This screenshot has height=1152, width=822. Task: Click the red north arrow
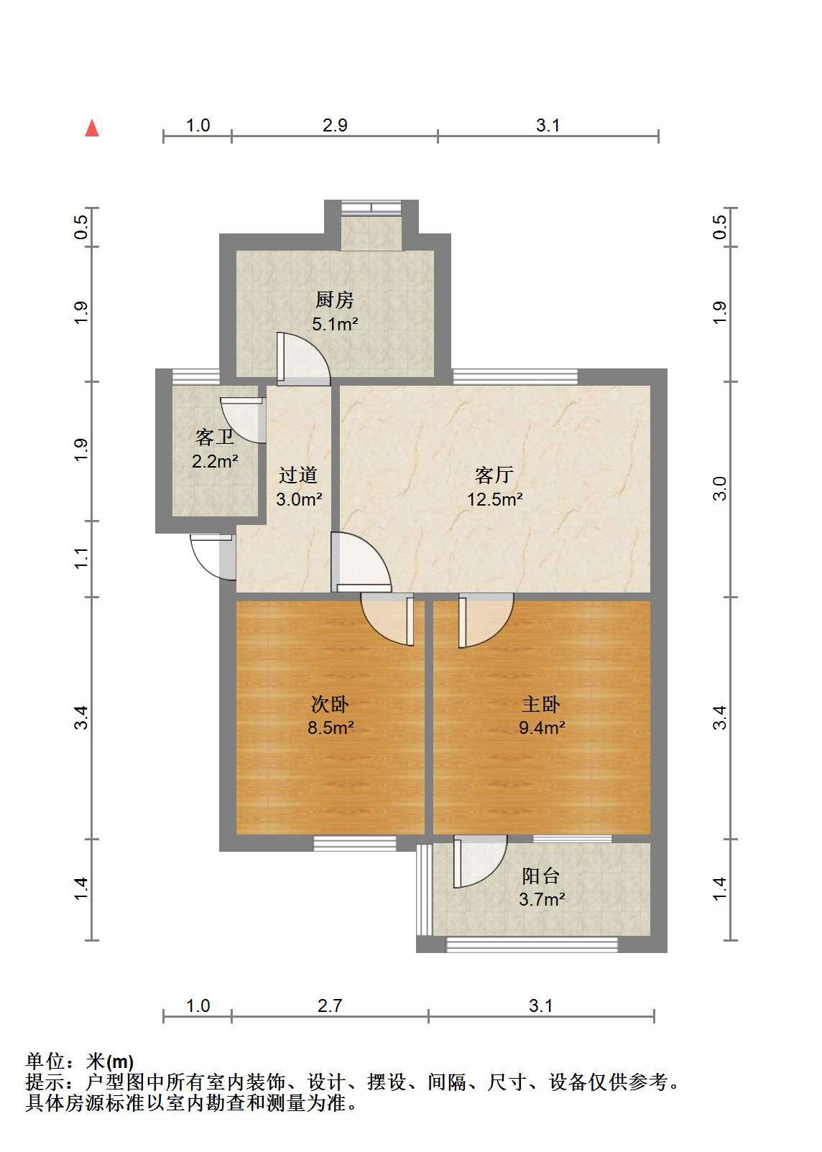91,128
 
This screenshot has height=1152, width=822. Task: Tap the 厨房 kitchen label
334,299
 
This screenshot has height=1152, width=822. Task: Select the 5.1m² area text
335,324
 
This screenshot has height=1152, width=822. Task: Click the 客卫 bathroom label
215,437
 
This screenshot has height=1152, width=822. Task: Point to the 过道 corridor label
298,475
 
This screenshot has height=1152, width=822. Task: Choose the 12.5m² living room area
495,499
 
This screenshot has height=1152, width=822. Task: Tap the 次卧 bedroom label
331,704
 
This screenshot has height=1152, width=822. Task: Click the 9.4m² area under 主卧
542,728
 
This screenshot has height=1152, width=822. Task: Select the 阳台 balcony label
540,876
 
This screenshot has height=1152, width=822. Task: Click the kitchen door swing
303,359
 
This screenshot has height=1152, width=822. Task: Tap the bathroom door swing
243,419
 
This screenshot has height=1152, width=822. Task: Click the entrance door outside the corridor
213,557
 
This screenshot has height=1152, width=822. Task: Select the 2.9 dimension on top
335,126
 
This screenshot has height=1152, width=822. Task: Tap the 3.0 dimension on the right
719,488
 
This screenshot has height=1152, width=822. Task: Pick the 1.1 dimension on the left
81,559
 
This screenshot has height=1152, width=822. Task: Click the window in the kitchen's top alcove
371,208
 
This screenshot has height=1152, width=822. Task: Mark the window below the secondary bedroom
355,843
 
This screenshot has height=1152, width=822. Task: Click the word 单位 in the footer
45,1061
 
